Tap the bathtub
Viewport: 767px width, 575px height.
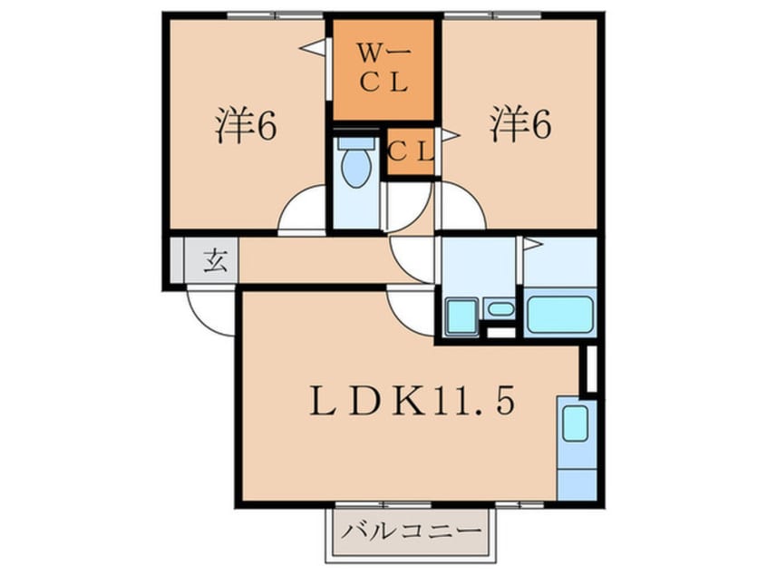tap(559, 315)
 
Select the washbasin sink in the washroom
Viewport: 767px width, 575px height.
tap(499, 309)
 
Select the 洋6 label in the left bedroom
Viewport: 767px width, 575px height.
tap(245, 127)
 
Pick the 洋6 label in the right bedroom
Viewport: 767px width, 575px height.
tap(520, 127)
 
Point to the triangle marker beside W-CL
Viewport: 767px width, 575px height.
tap(314, 48)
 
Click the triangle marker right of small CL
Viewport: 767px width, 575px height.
tap(450, 136)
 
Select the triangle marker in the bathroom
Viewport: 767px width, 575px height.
tap(530, 244)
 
